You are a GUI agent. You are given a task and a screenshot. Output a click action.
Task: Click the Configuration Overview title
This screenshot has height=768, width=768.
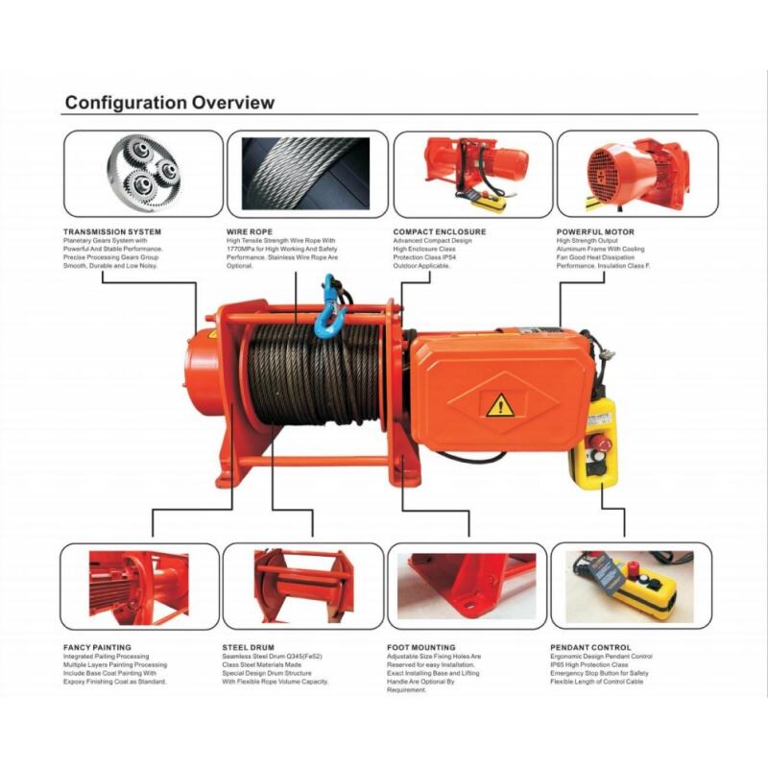[x=169, y=103]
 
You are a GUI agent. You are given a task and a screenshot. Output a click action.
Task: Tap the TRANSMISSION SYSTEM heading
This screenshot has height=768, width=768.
[x=111, y=231]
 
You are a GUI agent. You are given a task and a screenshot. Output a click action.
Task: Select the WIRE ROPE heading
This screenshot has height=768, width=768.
[x=252, y=231]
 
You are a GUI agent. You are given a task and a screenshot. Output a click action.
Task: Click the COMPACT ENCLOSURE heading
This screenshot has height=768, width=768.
[x=439, y=231]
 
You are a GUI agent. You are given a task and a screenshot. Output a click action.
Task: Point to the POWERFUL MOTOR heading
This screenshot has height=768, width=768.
[x=595, y=231]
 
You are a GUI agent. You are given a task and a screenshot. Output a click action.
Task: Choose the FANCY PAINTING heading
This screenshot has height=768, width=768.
[x=97, y=647]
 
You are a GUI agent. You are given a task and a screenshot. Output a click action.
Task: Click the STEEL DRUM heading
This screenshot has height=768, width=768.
[x=250, y=647]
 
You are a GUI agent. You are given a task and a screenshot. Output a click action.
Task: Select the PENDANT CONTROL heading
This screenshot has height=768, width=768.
[x=590, y=647]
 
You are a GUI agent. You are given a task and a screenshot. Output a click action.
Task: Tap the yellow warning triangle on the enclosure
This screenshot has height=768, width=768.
[x=499, y=406]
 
